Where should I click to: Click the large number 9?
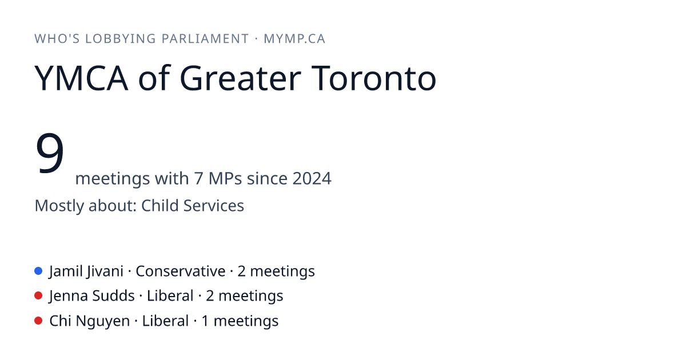(50, 153)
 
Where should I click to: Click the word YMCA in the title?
(81, 78)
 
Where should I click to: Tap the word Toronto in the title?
(374, 78)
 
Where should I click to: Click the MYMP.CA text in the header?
(294, 39)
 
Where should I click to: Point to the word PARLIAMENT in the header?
(205, 39)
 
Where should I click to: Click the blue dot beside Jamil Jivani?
(38, 271)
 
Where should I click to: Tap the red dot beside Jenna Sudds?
(38, 296)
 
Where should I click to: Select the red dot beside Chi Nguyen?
(38, 321)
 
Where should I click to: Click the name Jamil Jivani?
(86, 271)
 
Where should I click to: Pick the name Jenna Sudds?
(92, 296)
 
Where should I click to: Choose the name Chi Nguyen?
(89, 321)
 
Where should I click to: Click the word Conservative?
(181, 271)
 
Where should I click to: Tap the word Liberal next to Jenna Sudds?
(170, 296)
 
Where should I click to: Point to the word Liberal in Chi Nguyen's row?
(165, 321)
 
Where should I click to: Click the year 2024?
(312, 178)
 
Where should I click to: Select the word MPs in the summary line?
(225, 178)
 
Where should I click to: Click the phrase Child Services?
(193, 206)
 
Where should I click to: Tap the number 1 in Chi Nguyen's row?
(205, 321)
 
